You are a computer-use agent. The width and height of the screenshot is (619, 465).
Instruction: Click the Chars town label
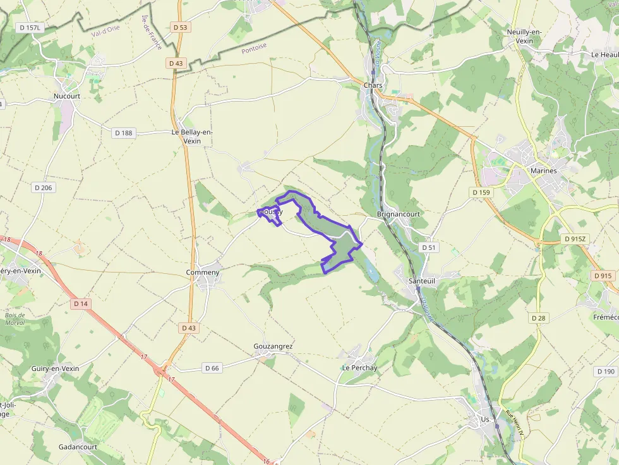[x=373, y=85]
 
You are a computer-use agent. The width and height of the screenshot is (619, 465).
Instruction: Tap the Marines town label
[x=543, y=170]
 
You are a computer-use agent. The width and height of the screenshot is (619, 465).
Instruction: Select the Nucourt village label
[x=67, y=96]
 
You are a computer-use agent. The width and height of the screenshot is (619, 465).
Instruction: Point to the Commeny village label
[x=203, y=273]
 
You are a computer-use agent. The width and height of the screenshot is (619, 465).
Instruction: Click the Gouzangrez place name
[x=273, y=346]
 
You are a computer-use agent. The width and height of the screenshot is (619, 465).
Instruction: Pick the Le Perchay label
[x=359, y=367]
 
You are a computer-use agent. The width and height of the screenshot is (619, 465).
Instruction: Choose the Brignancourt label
[x=398, y=214]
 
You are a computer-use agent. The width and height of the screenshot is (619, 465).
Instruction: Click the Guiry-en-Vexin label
[x=55, y=368]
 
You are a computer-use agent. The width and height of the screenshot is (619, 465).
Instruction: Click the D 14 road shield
[x=80, y=303]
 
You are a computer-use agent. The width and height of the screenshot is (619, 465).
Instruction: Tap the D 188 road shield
[x=124, y=133]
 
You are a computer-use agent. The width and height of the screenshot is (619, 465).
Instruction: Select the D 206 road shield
[x=44, y=187]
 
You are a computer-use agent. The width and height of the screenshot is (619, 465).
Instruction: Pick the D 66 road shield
[x=212, y=368]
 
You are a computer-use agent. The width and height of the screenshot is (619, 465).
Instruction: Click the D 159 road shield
[x=481, y=192]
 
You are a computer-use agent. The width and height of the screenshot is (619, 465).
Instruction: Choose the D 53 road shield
[x=180, y=27]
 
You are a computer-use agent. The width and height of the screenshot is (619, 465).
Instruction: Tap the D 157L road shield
[x=30, y=27]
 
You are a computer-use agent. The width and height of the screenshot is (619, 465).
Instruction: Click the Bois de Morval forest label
[x=14, y=319]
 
